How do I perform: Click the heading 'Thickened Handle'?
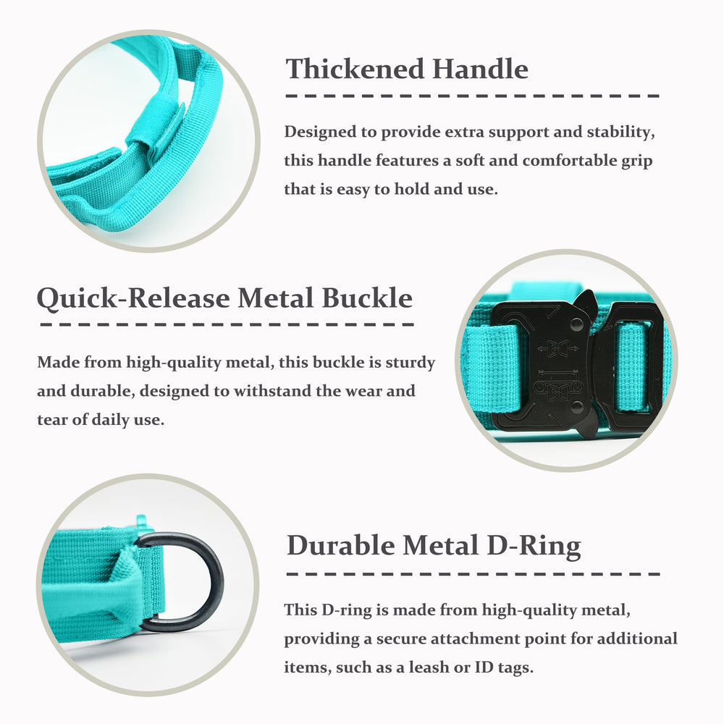[x=407, y=70]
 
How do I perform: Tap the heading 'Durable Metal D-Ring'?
[x=434, y=546]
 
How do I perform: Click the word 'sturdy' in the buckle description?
[x=411, y=363]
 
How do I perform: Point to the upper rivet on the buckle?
[x=577, y=324]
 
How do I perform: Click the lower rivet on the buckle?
[x=577, y=406]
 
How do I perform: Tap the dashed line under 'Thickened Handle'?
[x=473, y=96]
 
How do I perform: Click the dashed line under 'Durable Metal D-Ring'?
[x=473, y=574]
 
